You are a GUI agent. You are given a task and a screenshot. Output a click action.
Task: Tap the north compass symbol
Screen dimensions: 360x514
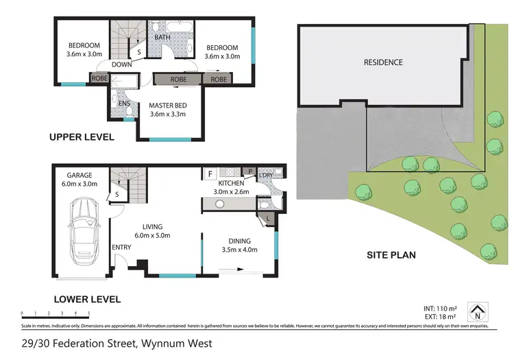pyautogui.click(x=477, y=312)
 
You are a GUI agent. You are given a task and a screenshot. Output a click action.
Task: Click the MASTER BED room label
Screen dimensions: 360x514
pyautogui.click(x=169, y=110)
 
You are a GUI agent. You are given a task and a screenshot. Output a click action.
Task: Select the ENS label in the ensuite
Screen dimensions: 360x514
pyautogui.click(x=125, y=104)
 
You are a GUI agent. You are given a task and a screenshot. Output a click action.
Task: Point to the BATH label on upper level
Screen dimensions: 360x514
pyautogui.click(x=162, y=37)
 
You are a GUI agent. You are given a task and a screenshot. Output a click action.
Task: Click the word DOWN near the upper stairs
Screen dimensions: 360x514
pyautogui.click(x=122, y=65)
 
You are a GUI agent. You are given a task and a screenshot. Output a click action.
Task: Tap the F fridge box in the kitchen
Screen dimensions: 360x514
pyautogui.click(x=210, y=174)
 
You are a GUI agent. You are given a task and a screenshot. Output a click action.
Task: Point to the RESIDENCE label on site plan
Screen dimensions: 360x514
pyautogui.click(x=383, y=62)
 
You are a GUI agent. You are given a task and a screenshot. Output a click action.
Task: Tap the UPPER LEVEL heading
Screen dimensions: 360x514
pyautogui.click(x=81, y=137)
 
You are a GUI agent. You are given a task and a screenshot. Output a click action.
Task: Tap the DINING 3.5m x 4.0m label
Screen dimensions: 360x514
pyautogui.click(x=239, y=245)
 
